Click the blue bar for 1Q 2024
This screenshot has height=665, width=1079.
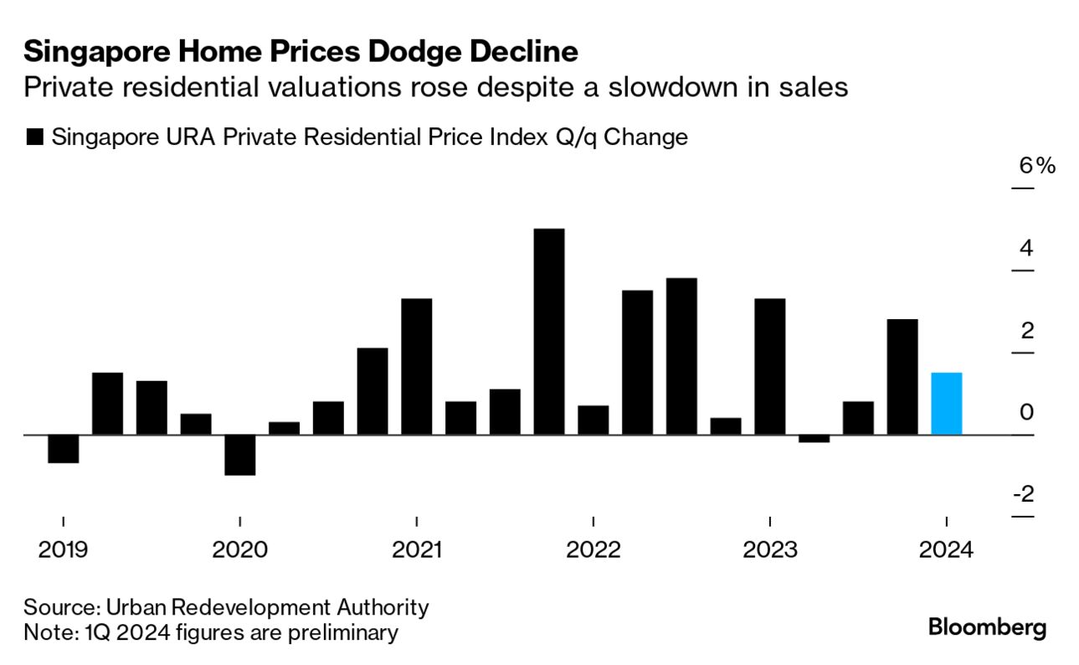click(x=946, y=404)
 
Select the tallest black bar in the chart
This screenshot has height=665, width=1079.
click(x=549, y=332)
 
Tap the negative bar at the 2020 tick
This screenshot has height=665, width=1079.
click(x=240, y=455)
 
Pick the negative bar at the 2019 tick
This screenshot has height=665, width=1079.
click(x=64, y=449)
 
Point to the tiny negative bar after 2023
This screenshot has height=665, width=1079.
click(x=814, y=438)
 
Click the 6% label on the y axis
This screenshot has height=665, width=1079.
click(x=1036, y=166)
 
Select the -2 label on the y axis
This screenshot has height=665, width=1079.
click(x=1023, y=494)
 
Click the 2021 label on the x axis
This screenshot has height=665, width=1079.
click(x=417, y=550)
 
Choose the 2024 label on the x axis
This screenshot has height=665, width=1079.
click(x=946, y=550)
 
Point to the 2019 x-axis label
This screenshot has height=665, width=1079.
click(x=64, y=550)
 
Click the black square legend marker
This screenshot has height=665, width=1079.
click(x=35, y=137)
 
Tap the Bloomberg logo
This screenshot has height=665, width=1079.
click(x=987, y=627)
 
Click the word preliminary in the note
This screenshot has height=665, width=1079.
click(x=342, y=632)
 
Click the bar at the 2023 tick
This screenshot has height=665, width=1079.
click(x=769, y=367)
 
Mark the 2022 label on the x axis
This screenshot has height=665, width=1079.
click(x=593, y=550)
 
